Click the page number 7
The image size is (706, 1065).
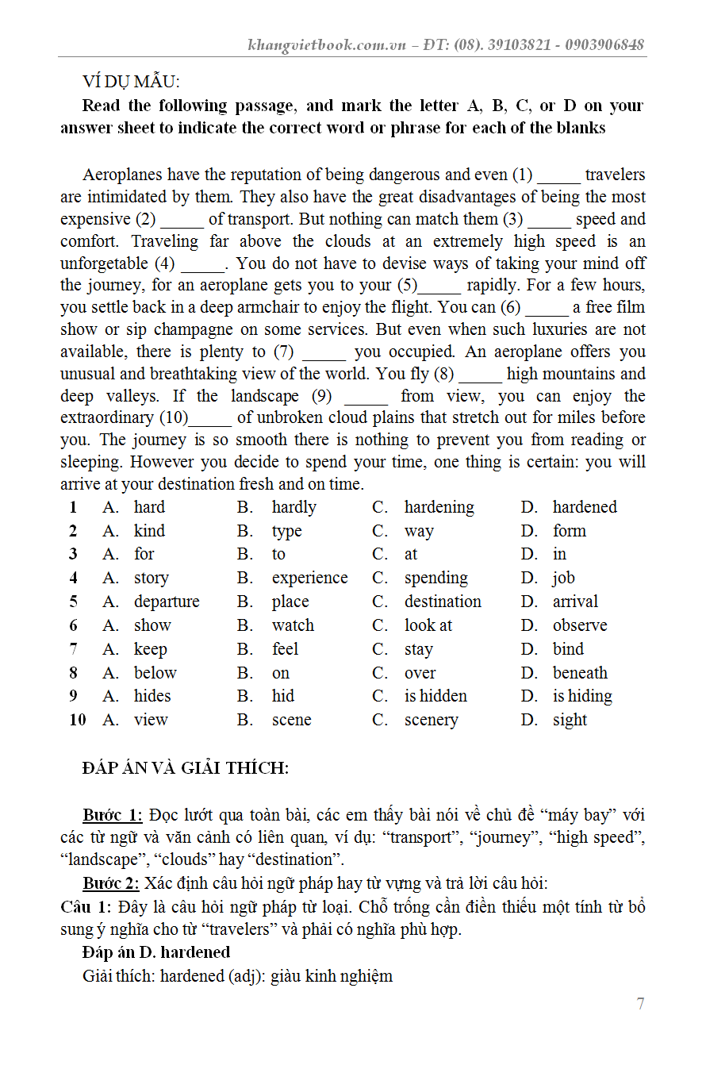coord(640,1004)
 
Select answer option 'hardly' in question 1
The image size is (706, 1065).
coord(294,507)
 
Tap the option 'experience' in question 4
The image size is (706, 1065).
coord(309,578)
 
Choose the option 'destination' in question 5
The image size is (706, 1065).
coord(443,602)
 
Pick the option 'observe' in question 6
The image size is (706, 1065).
coord(580,625)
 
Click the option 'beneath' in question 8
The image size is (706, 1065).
coord(580,673)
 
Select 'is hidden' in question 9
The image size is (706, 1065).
coord(435,696)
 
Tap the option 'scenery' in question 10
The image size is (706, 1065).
coord(431,720)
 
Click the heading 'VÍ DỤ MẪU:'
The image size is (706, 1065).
coord(131,82)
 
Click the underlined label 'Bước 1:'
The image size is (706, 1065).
coord(113,815)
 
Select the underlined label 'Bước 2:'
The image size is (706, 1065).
coord(111,883)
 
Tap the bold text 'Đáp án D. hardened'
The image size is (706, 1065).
coord(156,952)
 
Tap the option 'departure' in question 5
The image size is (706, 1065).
coord(167,602)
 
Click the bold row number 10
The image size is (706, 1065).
coord(77,720)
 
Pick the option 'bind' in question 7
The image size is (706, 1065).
coord(568,649)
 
